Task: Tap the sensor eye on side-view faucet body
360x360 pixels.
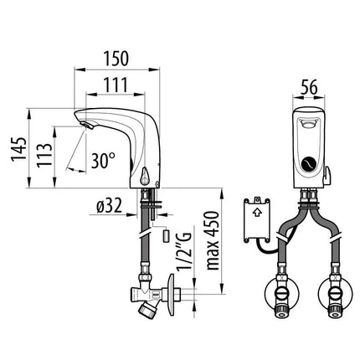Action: [147, 177]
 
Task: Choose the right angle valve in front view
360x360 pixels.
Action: [336, 296]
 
